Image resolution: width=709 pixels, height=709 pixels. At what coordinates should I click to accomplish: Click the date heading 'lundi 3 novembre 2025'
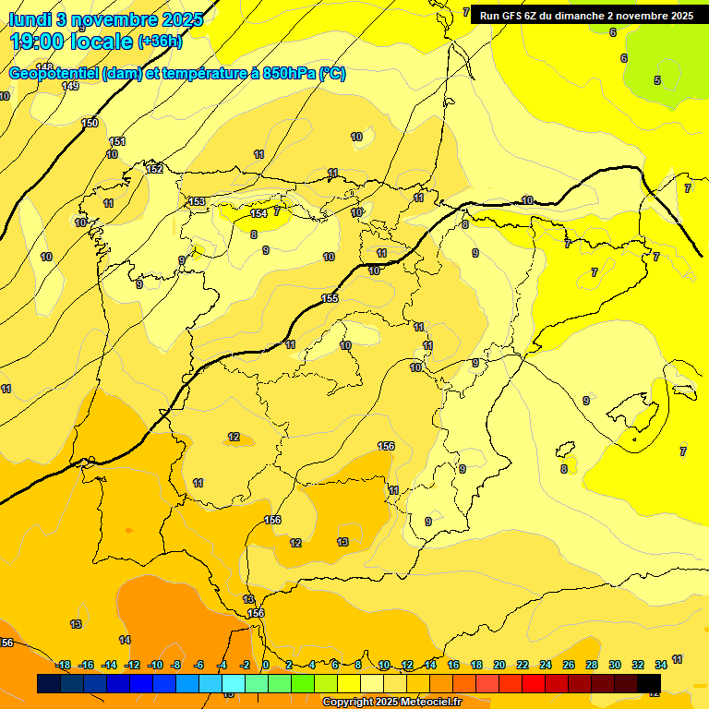click(x=106, y=18)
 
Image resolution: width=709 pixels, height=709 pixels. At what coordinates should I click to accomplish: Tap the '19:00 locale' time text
click(x=71, y=42)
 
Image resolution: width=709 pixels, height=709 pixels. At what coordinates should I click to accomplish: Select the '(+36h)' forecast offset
click(x=159, y=42)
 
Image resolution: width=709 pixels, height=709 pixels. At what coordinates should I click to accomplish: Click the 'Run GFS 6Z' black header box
click(x=586, y=16)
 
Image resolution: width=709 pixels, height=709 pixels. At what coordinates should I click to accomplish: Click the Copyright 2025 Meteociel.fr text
click(x=391, y=703)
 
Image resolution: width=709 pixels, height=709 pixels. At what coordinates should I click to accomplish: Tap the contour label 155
click(x=330, y=298)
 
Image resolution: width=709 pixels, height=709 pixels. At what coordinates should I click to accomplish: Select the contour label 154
click(x=258, y=213)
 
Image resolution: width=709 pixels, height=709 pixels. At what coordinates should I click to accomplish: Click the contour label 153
click(x=197, y=201)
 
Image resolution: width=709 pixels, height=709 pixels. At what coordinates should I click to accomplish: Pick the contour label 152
click(x=154, y=169)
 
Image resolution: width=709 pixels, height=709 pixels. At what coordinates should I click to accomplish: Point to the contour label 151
click(x=117, y=141)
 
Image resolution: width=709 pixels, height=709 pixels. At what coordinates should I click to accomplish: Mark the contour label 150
click(x=90, y=123)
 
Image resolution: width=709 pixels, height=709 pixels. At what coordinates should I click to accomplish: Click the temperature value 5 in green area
click(x=657, y=80)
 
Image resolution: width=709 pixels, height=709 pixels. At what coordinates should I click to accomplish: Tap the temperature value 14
click(x=125, y=640)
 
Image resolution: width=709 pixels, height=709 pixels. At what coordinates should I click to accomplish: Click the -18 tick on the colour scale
click(x=64, y=665)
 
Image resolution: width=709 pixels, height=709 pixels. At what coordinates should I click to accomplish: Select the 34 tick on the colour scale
click(x=661, y=665)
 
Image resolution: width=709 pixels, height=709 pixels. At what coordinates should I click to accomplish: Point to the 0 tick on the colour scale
click(x=266, y=665)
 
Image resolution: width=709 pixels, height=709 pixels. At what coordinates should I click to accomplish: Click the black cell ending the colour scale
click(x=649, y=683)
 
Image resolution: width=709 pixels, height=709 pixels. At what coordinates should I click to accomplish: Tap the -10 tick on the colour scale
click(x=155, y=665)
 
